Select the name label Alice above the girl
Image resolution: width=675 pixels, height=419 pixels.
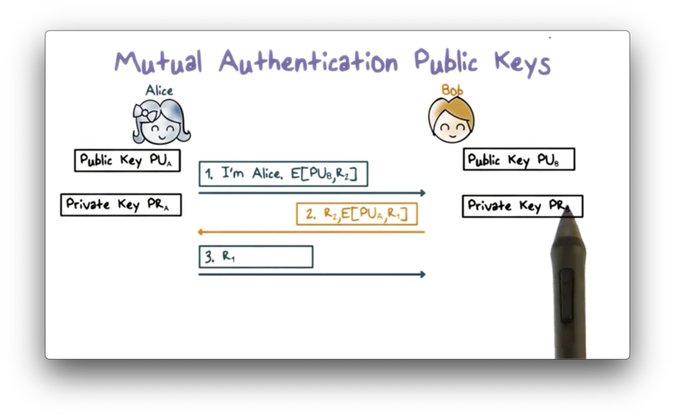click(159, 90)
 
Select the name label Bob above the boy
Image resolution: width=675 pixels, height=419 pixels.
click(451, 89)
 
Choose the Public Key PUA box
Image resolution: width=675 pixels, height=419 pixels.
click(127, 160)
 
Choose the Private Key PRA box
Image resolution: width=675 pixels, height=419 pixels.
click(120, 204)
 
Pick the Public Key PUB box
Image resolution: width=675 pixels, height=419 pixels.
click(519, 160)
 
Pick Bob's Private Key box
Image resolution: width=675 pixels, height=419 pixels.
click(522, 206)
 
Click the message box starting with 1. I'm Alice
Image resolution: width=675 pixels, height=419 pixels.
click(283, 173)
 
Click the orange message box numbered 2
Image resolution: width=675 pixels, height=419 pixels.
click(357, 214)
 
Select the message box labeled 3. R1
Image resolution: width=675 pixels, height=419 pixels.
click(256, 256)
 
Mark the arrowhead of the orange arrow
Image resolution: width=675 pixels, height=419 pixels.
click(203, 232)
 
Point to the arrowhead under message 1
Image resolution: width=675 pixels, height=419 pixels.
click(421, 193)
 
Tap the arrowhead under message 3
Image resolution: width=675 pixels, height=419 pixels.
click(421, 274)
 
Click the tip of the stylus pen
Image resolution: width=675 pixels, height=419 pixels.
click(567, 210)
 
